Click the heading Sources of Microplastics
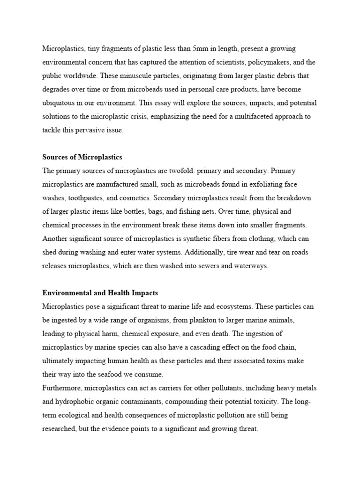82,157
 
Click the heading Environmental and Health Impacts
100,293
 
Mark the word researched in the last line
59,428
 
